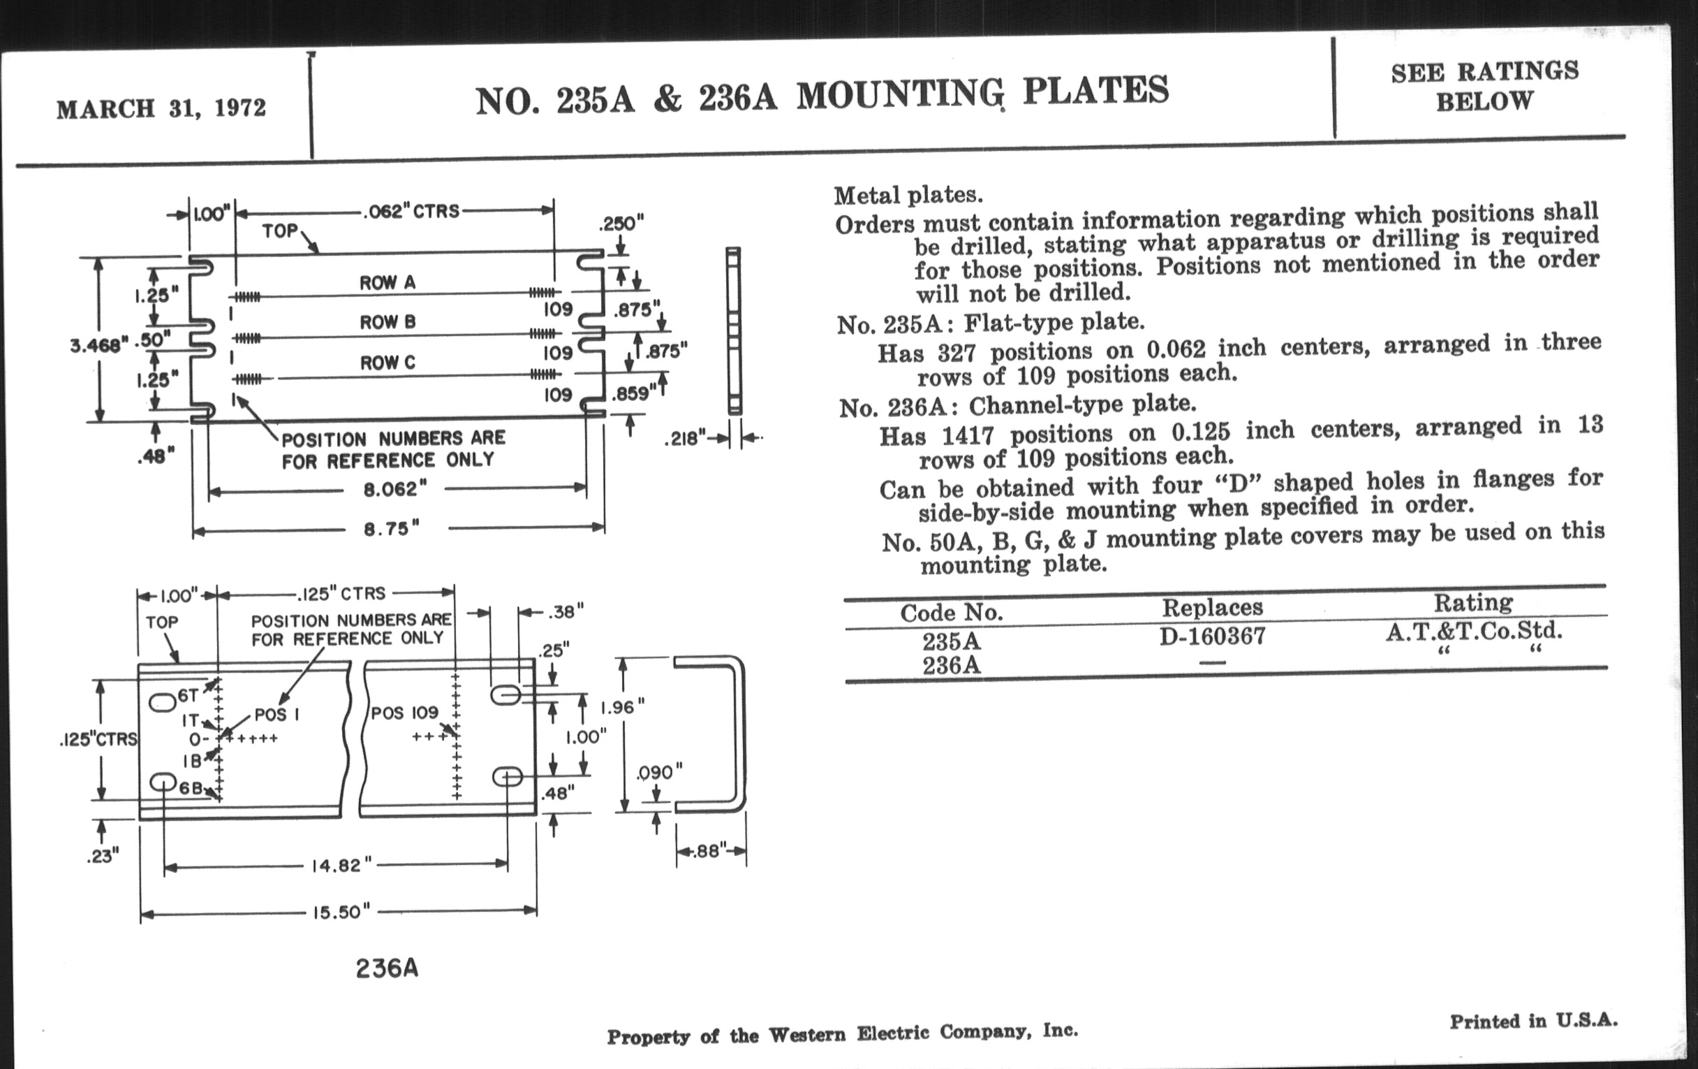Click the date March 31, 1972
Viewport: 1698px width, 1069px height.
tap(161, 109)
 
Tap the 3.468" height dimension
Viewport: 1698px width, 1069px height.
tap(98, 346)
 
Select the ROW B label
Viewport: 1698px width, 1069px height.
tap(387, 322)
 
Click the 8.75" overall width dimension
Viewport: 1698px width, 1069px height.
tap(392, 528)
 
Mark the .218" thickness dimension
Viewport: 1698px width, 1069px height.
tap(685, 439)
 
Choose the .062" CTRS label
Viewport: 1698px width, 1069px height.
tap(411, 211)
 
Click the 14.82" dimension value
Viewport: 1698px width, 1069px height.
tap(341, 865)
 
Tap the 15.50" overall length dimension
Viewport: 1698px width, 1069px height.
tap(341, 912)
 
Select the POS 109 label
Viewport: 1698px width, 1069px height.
tap(405, 713)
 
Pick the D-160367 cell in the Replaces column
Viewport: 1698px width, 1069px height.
tap(1212, 637)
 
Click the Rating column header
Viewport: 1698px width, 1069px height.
tap(1473, 602)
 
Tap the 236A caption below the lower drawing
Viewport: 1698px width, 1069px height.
tap(387, 969)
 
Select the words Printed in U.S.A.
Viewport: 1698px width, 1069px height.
tap(1533, 1020)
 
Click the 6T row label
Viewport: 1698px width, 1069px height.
tap(189, 696)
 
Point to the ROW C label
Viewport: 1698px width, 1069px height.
tap(387, 363)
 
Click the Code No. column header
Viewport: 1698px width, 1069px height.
tap(951, 613)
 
